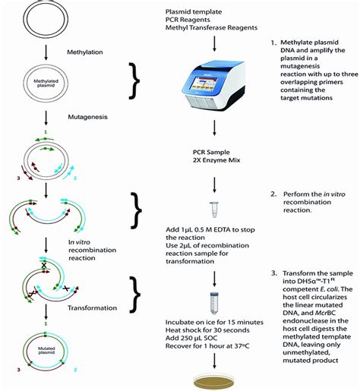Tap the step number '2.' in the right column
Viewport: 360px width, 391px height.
point(274,194)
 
